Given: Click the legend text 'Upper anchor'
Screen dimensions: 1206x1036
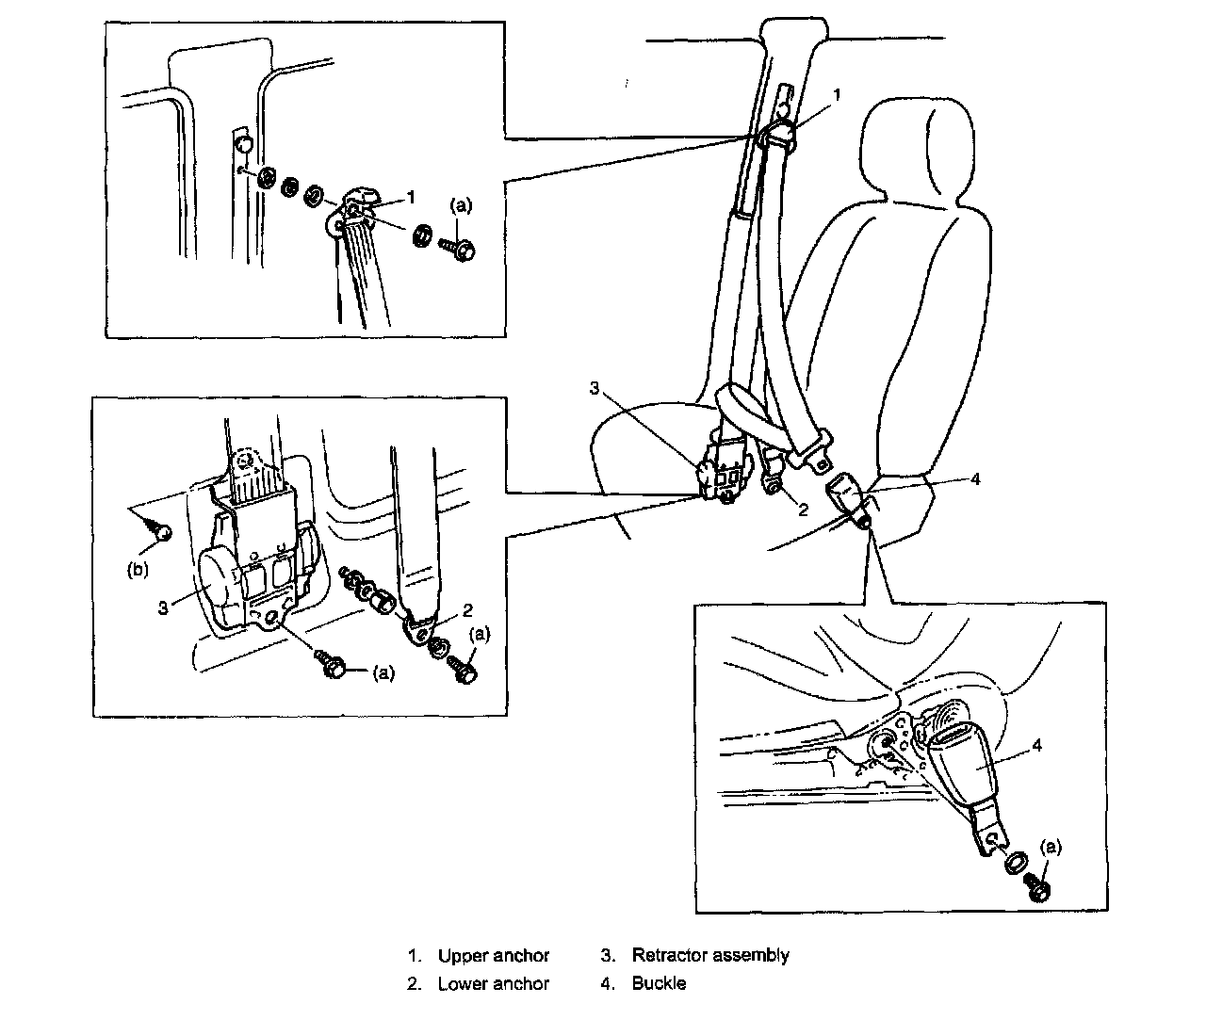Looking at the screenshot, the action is coord(493,956).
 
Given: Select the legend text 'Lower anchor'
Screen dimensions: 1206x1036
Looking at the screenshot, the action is coord(493,983).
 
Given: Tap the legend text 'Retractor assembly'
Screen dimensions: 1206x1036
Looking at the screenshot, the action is coord(710,955).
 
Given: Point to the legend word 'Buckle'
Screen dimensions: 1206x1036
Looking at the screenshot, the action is coord(659,983).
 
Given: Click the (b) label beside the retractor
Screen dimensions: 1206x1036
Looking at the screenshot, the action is coord(138,569).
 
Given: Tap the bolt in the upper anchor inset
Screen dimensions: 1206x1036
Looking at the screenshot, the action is coord(457,249).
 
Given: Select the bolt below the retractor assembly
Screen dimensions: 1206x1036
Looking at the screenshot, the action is coord(332,665).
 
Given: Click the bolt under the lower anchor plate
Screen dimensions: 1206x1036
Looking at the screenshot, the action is coord(464,669).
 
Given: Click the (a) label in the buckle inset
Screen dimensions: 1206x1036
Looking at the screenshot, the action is coord(1051,847).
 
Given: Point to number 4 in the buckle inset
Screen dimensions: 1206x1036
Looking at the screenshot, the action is coord(1036,745).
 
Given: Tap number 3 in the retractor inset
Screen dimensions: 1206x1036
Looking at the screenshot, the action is coord(163,607).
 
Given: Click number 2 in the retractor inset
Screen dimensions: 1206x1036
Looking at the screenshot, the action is coord(467,610).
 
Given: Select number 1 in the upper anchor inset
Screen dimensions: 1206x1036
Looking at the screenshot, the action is coord(411,198).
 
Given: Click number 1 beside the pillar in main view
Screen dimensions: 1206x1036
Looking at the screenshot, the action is coord(837,94).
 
